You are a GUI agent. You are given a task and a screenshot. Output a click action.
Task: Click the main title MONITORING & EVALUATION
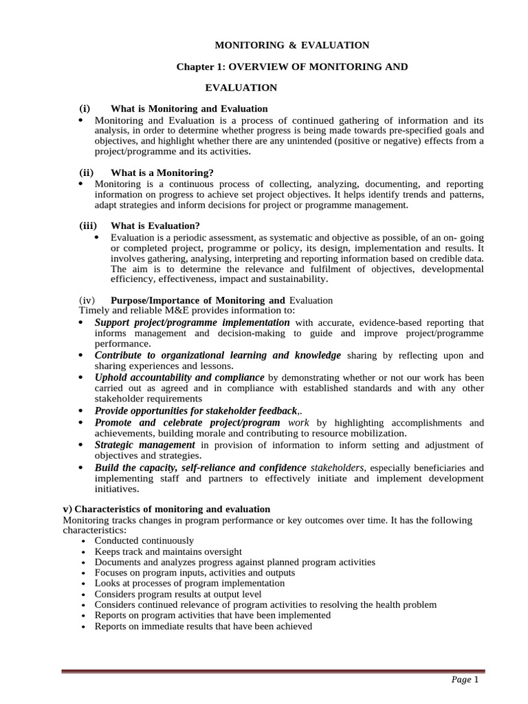[292, 45]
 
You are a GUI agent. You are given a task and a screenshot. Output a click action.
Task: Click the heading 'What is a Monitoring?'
[162, 173]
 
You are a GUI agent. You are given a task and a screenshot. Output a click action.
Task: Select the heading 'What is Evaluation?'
[155, 225]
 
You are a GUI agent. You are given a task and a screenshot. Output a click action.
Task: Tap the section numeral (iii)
[88, 225]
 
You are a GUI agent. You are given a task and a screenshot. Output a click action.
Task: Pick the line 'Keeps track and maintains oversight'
[168, 551]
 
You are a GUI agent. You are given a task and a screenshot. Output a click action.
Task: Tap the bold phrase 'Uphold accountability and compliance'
[179, 377]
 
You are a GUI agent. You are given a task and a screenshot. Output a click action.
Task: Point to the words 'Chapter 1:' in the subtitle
[201, 67]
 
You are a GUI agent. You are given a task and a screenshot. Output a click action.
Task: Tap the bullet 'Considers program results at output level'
[178, 594]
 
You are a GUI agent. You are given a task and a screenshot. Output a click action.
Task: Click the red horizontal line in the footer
[273, 671]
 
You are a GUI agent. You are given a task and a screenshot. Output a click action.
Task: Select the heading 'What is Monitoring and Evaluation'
[189, 109]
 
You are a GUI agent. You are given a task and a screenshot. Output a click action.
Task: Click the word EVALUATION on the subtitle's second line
[241, 87]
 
